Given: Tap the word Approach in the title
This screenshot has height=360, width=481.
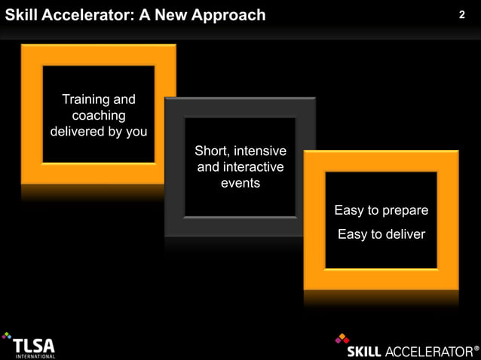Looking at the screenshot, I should [x=228, y=15].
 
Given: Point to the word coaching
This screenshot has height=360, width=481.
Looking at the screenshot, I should [x=98, y=115].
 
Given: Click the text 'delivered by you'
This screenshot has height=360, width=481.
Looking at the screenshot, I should [x=98, y=131].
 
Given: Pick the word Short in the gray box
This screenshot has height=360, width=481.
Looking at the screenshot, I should [x=211, y=151].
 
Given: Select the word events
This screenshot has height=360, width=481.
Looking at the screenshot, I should [x=240, y=182].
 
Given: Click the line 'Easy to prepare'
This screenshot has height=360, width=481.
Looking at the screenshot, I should [x=381, y=210].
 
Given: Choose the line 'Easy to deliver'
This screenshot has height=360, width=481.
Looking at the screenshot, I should [x=381, y=234].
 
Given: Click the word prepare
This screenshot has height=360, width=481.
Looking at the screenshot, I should [x=405, y=211].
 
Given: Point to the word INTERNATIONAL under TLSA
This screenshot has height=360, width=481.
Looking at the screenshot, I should [x=35, y=356].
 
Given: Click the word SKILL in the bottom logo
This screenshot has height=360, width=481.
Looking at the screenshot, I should [x=364, y=352].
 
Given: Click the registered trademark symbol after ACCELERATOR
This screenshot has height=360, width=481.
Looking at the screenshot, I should [x=476, y=349].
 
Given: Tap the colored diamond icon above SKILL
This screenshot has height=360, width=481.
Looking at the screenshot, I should [x=342, y=339].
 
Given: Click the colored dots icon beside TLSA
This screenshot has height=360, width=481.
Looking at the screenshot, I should [x=7, y=337].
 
